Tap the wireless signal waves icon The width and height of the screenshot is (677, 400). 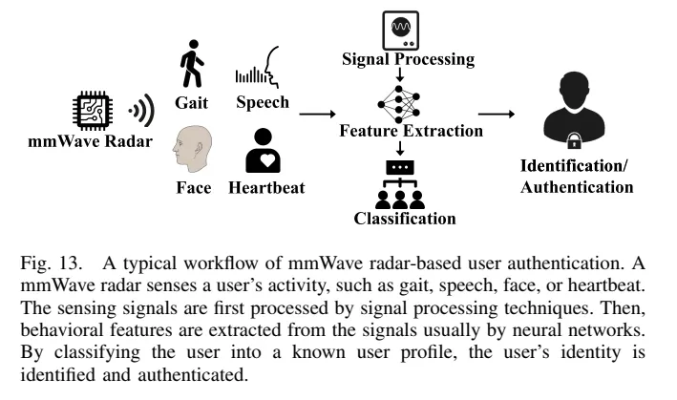pos(142,111)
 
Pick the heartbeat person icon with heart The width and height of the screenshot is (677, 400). pos(264,149)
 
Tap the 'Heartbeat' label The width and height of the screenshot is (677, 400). pos(266,187)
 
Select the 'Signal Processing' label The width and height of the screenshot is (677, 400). pos(408,59)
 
